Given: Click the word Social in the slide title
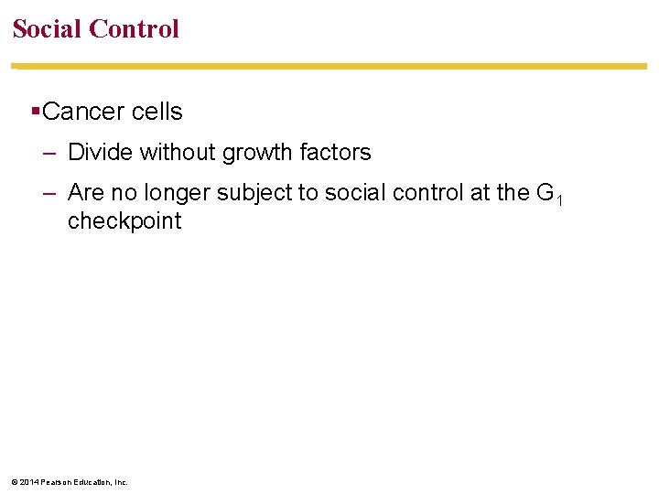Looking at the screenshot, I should tap(48, 28).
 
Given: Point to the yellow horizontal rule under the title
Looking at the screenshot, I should tap(329, 66).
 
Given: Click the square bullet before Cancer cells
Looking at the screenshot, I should tap(34, 112).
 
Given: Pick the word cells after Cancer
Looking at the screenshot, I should tap(157, 112).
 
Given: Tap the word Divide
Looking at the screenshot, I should tap(100, 152).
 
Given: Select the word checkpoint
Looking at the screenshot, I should tap(124, 220).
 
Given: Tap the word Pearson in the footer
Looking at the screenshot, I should tap(57, 481).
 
